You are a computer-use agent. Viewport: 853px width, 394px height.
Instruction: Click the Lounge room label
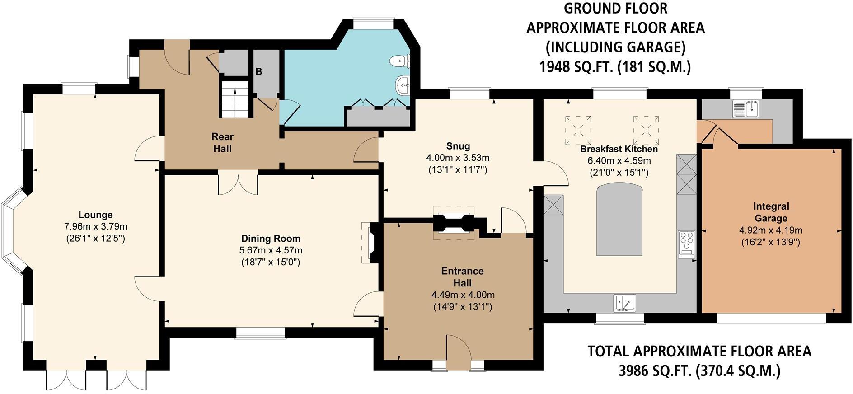pyautogui.click(x=95, y=215)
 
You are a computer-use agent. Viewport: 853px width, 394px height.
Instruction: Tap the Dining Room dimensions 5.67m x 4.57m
pyautogui.click(x=271, y=250)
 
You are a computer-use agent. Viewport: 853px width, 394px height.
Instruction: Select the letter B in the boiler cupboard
pyautogui.click(x=259, y=71)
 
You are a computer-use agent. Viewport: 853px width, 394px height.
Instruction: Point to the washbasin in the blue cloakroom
pyautogui.click(x=403, y=84)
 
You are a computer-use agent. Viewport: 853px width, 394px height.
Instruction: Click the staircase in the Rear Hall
pyautogui.click(x=235, y=100)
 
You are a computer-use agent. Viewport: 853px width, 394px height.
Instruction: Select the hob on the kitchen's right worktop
pyautogui.click(x=687, y=244)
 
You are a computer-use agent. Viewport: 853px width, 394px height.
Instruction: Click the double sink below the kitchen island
pyautogui.click(x=624, y=303)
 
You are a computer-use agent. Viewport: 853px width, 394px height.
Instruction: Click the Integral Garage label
pyautogui.click(x=771, y=212)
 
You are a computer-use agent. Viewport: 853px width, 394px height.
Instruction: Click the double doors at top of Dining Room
pyautogui.click(x=238, y=183)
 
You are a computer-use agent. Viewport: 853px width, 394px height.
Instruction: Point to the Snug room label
pyautogui.click(x=458, y=146)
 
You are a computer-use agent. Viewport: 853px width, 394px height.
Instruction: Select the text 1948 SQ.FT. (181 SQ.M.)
pyautogui.click(x=615, y=67)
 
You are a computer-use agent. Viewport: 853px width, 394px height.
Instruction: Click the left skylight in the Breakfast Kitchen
pyautogui.click(x=578, y=130)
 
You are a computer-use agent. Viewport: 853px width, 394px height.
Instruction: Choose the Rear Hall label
pyautogui.click(x=222, y=142)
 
